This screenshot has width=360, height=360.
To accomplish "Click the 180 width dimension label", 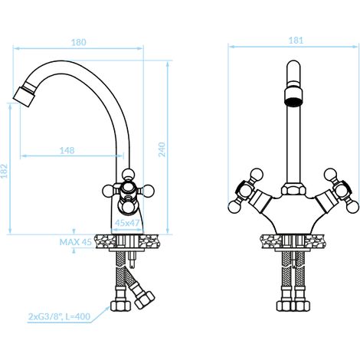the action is point(79,42).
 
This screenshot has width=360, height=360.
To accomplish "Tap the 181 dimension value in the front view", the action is point(296,41).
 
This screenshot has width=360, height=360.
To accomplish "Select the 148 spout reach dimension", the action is point(67,150).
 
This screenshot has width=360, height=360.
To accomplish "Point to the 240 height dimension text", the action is point(162,149).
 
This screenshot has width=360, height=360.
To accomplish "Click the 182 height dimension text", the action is point(5,171).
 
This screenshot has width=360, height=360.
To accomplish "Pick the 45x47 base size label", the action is point(127,223).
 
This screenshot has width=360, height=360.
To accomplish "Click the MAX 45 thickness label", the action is point(75,242).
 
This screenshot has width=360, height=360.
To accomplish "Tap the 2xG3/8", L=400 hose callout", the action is point(59,316).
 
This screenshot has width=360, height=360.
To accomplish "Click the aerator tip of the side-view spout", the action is point(23,97).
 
